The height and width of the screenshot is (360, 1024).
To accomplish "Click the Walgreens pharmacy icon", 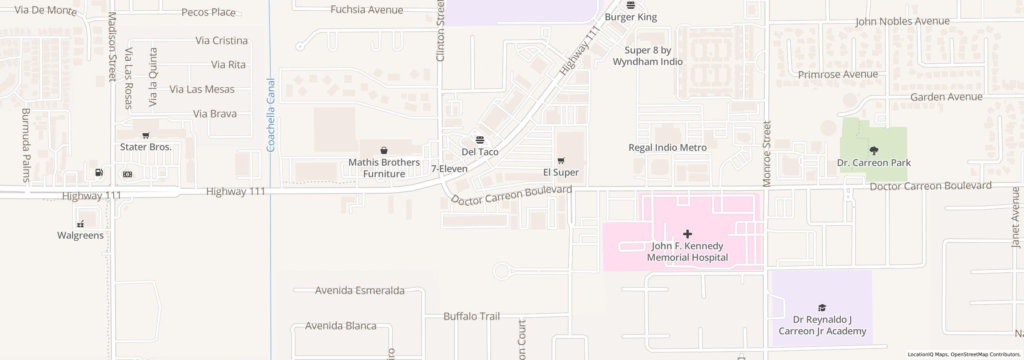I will coord(80,224).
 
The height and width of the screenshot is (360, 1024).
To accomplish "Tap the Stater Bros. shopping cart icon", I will coord(146,136).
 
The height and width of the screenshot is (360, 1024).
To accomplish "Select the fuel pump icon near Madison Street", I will coord(99,172).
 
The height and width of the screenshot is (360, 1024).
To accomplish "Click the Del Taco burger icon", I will coord(480,140).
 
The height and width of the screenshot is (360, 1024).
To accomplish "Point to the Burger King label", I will coord(630,17).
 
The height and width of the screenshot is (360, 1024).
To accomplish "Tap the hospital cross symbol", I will coord(687,234).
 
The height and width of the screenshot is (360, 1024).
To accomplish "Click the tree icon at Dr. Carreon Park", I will coord(874,151).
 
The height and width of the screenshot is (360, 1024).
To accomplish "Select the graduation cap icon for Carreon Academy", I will coord(822,308).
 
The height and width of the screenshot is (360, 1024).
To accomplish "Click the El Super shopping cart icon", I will coord(561,161).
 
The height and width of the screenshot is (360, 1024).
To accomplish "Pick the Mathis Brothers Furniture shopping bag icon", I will coord(384,150).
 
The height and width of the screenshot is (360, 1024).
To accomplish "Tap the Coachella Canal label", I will coord(271,115).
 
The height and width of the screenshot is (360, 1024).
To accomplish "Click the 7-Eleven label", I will coord(449,169).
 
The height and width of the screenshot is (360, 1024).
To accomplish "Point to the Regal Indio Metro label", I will coord(667,148).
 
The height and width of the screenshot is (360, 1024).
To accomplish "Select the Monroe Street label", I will coord(766,154).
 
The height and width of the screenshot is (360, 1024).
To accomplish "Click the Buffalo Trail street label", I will coord(472,316).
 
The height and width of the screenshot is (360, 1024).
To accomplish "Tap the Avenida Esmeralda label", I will coord(360,290).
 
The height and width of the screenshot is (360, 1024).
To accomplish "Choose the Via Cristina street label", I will coord(221,41).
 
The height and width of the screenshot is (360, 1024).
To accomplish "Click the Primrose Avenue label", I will coord(838,75).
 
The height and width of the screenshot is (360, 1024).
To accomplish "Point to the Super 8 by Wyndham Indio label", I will coord(648,56).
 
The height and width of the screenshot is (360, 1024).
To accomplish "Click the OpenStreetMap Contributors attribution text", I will coord(985,354).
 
